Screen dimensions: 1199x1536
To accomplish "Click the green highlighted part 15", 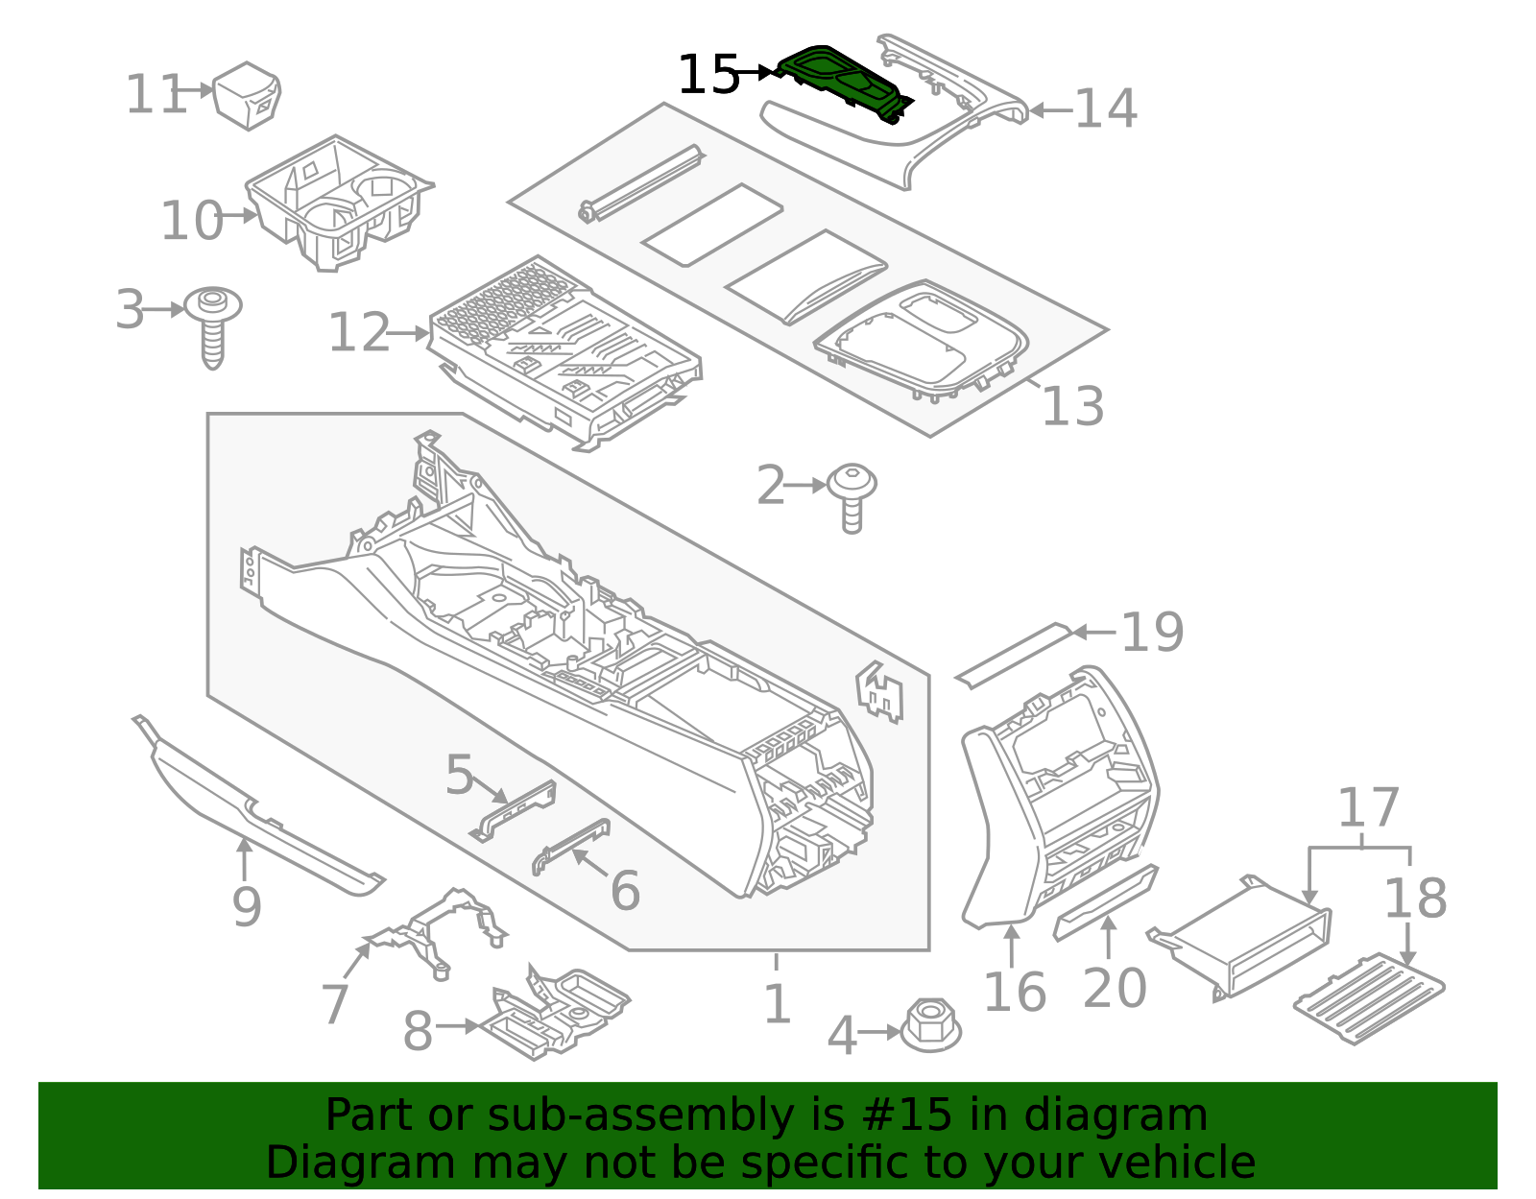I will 842,81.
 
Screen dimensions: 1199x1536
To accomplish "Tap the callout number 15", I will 708,75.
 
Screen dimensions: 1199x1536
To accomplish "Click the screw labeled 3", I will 213,322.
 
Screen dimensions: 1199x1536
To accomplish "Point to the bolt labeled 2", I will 852,493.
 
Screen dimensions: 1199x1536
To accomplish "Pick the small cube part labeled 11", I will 248,95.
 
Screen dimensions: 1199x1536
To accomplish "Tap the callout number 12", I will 359,333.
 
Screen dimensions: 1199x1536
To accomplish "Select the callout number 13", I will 1072,406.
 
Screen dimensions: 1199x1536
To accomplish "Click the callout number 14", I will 1105,108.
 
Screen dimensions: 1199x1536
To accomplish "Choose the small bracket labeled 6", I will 572,845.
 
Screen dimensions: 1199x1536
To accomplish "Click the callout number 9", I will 247,906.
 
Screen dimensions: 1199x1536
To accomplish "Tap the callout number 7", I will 334,1004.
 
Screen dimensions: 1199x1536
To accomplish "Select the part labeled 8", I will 557,1014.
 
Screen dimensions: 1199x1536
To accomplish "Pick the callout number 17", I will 1368,808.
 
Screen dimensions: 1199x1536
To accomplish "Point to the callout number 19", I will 1152,633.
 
